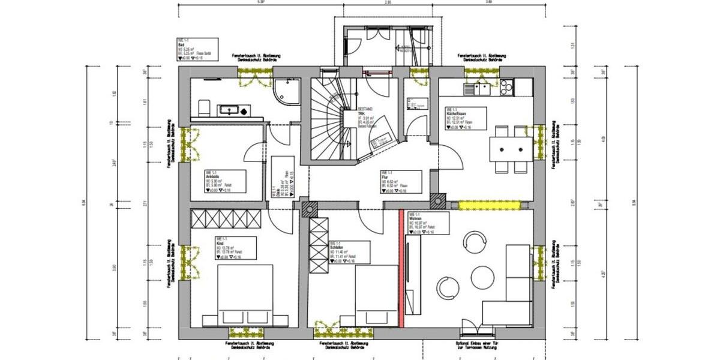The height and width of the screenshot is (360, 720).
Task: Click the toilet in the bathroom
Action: [x=204, y=108]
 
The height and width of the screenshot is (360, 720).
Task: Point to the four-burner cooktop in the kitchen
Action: [x=506, y=88]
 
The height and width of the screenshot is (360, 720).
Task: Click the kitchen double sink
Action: [x=478, y=89]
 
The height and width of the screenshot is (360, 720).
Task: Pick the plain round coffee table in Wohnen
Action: [x=482, y=278]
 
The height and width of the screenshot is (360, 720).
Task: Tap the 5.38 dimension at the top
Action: [x=260, y=3]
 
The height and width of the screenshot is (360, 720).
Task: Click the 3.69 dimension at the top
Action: [x=488, y=3]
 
